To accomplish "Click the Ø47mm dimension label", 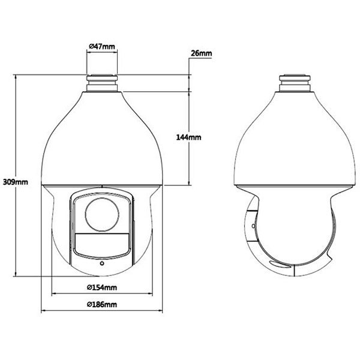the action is tap(102, 46).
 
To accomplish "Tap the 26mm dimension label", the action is tap(202, 53).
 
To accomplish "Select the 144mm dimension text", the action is tap(188, 137).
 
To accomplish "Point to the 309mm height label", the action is tap(16, 182).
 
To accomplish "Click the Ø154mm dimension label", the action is tap(102, 287).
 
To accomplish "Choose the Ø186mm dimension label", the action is tap(102, 305).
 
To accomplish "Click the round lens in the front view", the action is tap(102, 214).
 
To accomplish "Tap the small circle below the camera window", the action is tap(102, 263).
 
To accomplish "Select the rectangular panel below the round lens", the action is tap(102, 245).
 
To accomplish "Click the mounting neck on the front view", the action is tap(102, 83).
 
